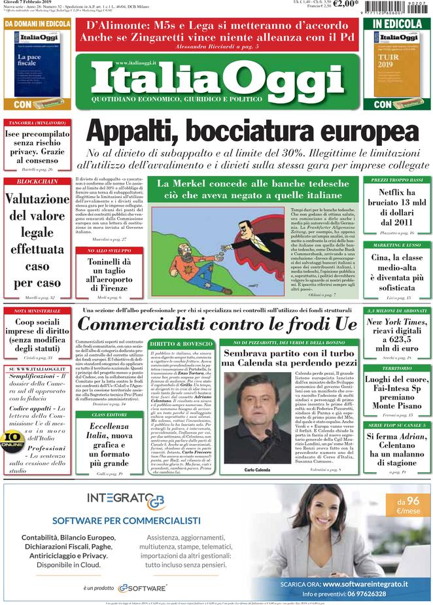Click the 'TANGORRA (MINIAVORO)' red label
click(37, 122)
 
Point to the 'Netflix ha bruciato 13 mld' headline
click(397, 207)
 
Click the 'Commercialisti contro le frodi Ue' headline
click(218, 324)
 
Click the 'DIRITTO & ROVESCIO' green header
click(181, 343)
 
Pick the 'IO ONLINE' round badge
click(12, 440)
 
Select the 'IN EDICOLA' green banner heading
click(397, 24)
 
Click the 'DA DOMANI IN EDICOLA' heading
click(37, 24)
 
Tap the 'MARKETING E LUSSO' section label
click(397, 245)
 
